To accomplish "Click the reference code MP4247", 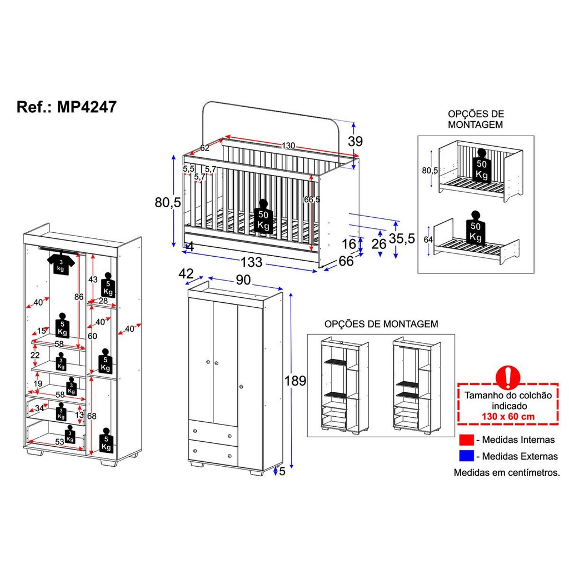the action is click(87, 107).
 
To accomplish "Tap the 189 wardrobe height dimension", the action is click(295, 381).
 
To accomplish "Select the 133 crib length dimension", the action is click(251, 262).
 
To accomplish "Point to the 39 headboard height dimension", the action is click(355, 141).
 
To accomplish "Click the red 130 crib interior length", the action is click(288, 146).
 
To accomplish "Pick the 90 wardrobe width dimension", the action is click(243, 280).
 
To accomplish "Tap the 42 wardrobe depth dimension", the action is click(186, 273).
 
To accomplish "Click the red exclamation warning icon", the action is click(508, 377).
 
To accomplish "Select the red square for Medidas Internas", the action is click(466, 440).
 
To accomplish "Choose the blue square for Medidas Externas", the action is click(466, 456).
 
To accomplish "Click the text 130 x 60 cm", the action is click(508, 416).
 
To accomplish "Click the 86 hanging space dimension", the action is click(79, 297).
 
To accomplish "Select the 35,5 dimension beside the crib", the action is click(402, 238).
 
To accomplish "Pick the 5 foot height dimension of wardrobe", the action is click(282, 471).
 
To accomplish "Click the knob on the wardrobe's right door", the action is click(241, 387).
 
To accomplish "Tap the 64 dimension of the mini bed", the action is click(428, 239).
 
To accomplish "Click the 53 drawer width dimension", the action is click(59, 442).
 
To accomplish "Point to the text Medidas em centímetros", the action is click(507, 472).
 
